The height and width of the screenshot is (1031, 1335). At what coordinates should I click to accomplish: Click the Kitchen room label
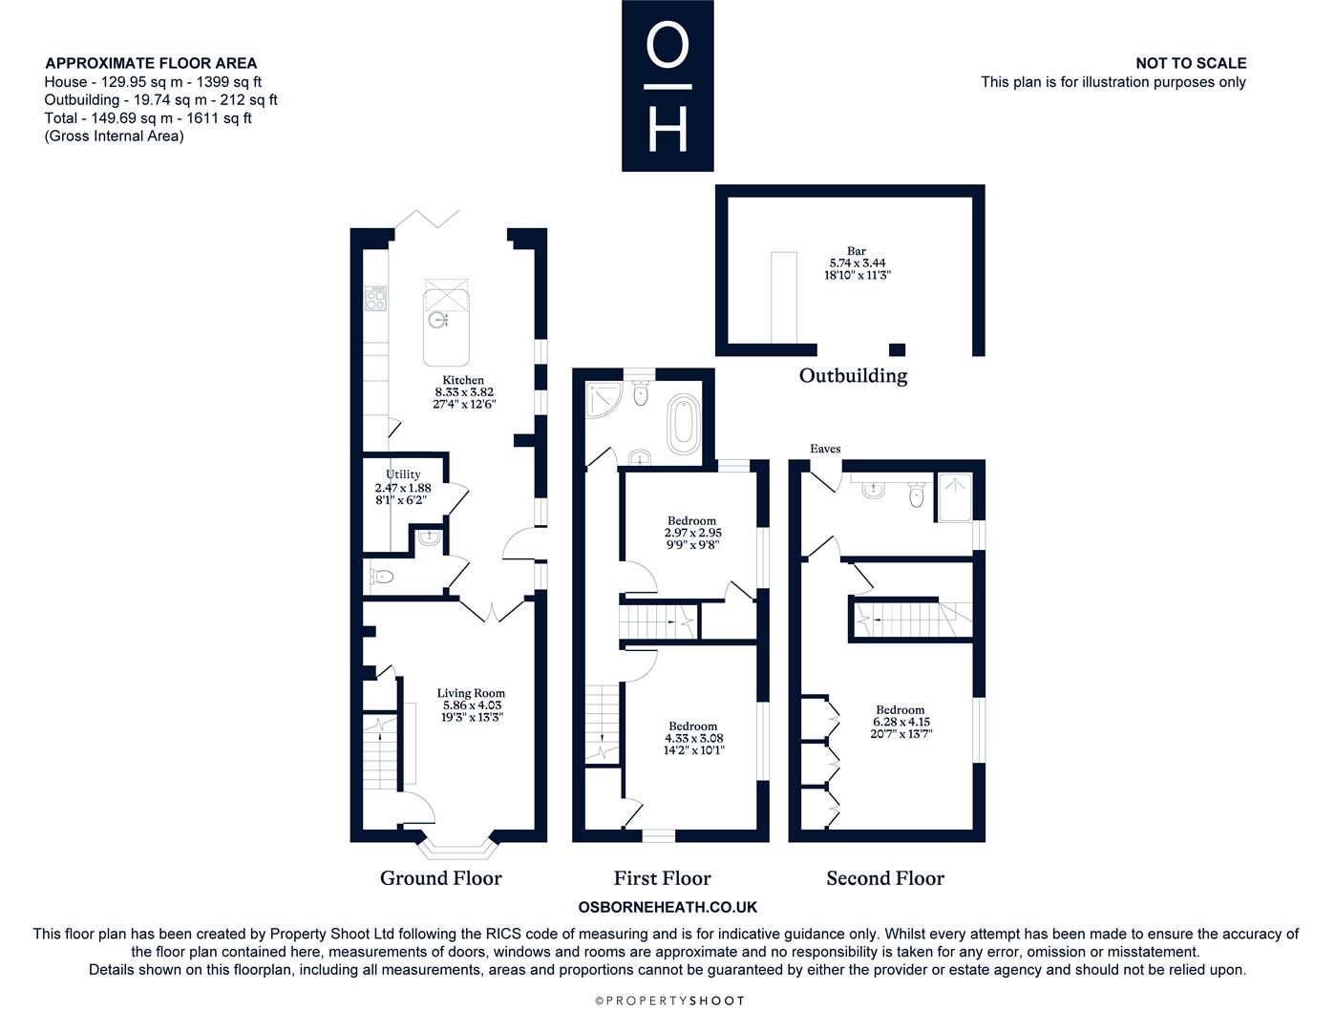(463, 380)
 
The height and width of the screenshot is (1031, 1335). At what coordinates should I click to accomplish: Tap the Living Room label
(471, 693)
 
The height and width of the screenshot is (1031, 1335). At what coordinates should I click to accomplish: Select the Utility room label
(403, 474)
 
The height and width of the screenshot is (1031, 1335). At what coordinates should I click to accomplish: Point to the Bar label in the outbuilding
(857, 250)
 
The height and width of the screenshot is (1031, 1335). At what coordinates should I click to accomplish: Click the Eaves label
(825, 449)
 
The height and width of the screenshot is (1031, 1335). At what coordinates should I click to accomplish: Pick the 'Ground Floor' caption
(440, 878)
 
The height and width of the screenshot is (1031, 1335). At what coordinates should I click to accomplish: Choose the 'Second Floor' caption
(885, 878)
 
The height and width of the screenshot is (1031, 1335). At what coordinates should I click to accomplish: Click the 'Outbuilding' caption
(853, 375)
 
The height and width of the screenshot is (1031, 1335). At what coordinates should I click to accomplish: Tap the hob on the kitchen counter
(375, 299)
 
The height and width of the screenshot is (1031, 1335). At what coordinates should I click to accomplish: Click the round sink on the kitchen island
(436, 320)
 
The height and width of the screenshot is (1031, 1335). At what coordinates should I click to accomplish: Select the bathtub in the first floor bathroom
(684, 424)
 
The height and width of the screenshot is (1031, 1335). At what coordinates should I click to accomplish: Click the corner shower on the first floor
(604, 400)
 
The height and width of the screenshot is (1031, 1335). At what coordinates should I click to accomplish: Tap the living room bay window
(457, 849)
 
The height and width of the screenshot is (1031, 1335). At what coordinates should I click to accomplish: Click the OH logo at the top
(667, 85)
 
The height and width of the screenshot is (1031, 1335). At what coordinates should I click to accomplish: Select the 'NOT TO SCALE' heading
(1191, 63)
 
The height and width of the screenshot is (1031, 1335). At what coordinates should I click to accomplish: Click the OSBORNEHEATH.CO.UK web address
(667, 907)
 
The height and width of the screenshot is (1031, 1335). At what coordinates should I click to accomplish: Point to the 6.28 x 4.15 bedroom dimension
(901, 722)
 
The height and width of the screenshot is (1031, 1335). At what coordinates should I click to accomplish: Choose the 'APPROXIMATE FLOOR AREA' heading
(151, 63)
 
